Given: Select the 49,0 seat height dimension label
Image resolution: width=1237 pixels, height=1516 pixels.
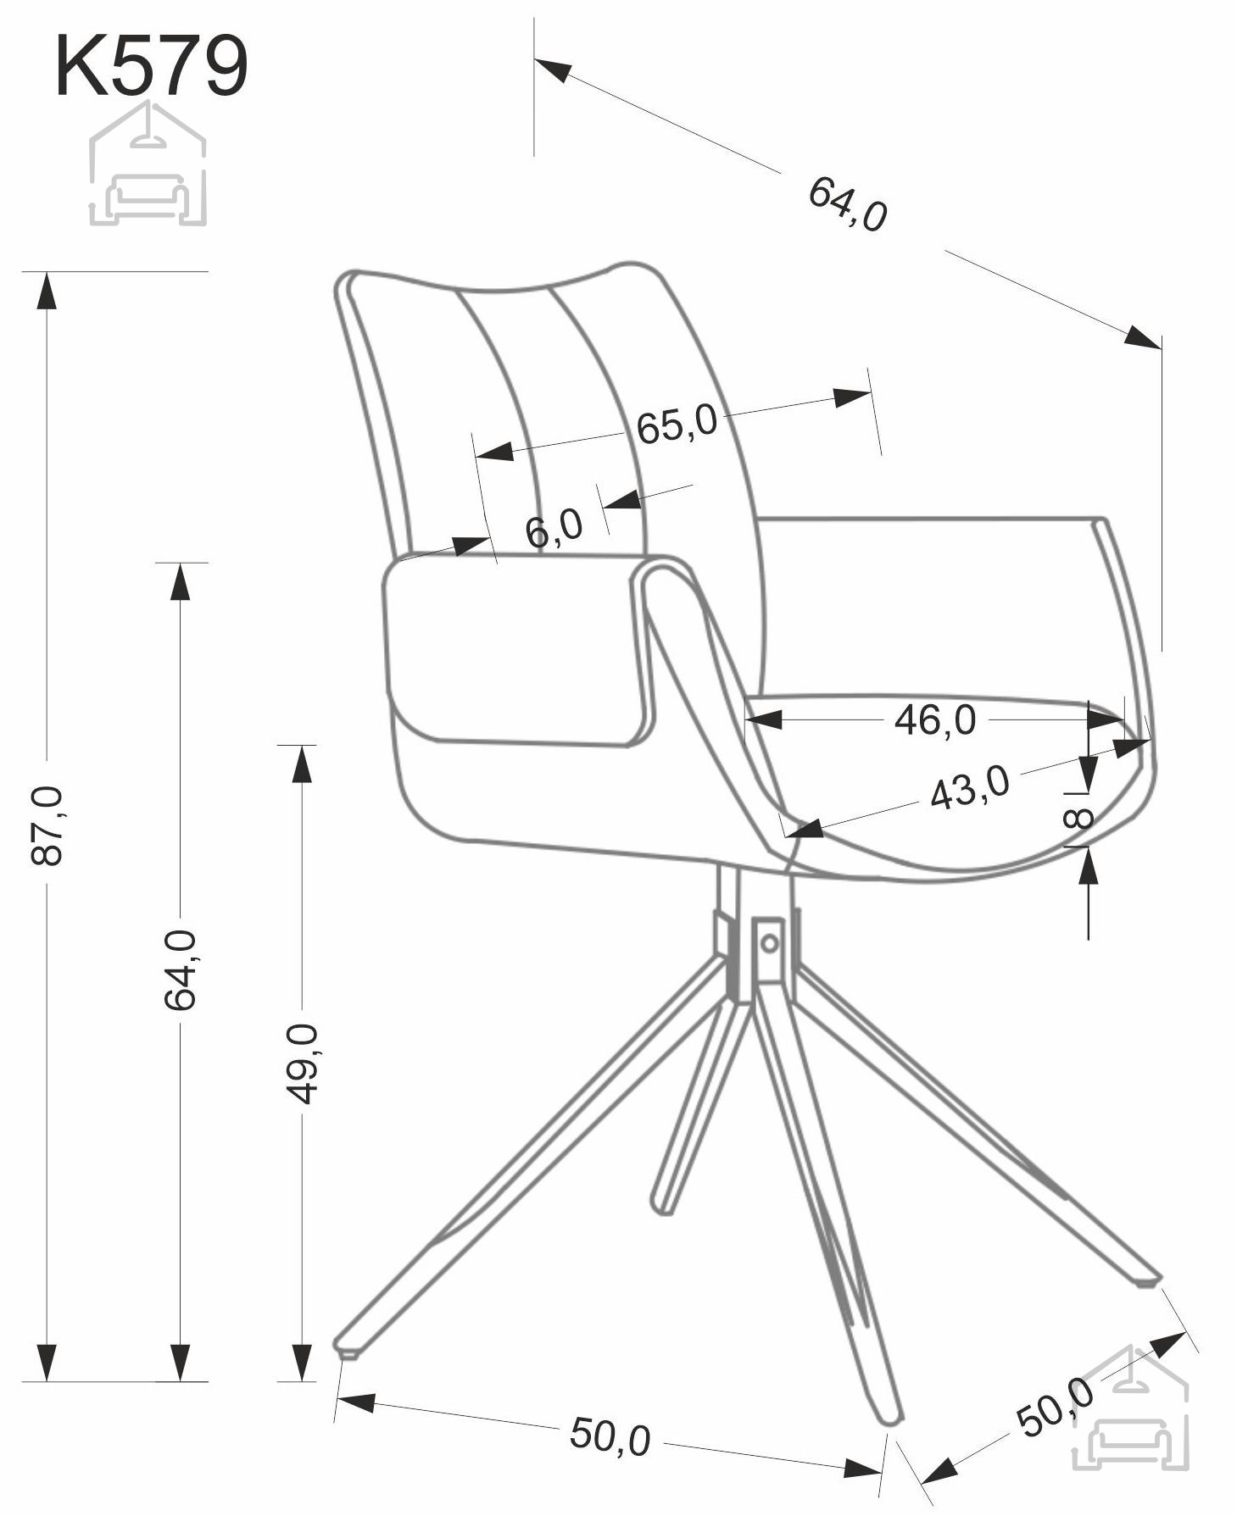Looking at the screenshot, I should click(302, 1063).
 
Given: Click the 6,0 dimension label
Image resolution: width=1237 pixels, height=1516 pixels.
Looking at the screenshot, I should click(554, 529).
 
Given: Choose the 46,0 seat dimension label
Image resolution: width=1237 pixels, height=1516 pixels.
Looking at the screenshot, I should click(935, 720).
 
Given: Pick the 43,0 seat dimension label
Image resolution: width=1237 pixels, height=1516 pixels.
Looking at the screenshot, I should click(970, 787).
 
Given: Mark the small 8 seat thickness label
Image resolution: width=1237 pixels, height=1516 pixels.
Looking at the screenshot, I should click(1078, 819).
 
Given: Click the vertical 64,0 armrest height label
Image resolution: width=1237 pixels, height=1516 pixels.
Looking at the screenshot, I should click(180, 969).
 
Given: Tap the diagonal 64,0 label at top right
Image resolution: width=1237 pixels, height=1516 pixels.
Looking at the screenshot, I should click(847, 204).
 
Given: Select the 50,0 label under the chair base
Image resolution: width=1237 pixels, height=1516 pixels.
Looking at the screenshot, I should click(610, 1435).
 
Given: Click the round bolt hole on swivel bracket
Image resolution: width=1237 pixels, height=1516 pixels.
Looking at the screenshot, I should click(769, 942).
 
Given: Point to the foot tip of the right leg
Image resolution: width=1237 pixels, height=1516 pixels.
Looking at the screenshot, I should click(1145, 1281).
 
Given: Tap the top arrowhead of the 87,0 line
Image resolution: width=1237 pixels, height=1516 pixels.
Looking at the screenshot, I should click(47, 291).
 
